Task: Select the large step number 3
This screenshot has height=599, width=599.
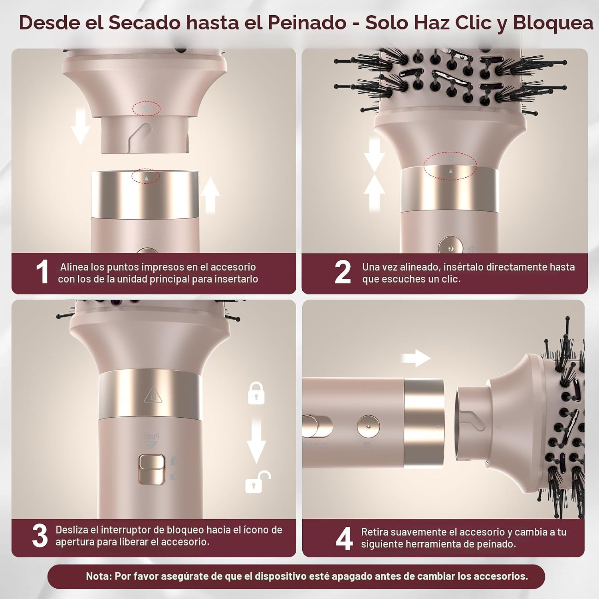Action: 40,536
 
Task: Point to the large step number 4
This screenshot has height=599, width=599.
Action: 344,538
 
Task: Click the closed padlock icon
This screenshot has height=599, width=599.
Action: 256,393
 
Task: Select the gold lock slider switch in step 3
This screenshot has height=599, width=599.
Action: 152,470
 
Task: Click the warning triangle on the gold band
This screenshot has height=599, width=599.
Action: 152,395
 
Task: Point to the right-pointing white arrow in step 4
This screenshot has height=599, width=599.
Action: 416,358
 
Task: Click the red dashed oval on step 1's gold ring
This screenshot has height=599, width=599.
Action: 146,177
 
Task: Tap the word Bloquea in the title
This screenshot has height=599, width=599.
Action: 553,23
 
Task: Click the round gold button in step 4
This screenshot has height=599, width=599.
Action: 368,426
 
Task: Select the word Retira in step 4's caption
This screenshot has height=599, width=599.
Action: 375,532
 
